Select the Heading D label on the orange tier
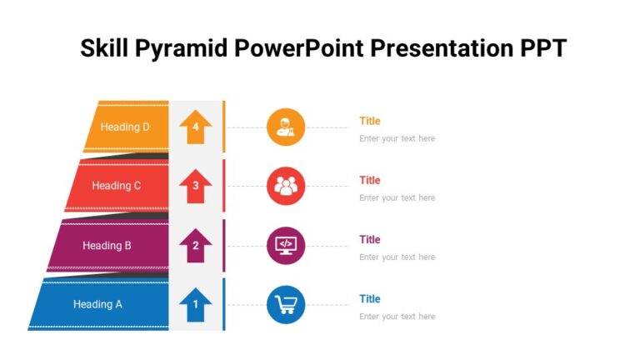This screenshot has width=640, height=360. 125,127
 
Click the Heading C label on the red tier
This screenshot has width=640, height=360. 117,186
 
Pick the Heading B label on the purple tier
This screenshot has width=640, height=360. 107,246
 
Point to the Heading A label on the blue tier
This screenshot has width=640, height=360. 97,304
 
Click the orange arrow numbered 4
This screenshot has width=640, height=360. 196,127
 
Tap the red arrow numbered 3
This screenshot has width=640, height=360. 196,186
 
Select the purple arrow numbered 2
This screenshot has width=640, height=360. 196,246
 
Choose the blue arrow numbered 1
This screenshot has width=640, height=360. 196,304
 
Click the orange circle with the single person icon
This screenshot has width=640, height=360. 286,127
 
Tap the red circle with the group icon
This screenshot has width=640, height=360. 286,186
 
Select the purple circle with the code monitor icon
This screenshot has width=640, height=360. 286,246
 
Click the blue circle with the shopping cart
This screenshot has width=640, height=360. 286,305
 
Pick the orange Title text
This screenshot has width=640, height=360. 370,121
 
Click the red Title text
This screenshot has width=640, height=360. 370,180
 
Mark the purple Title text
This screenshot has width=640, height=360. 370,239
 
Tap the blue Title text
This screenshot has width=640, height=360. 370,298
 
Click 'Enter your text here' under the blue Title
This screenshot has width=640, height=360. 397,317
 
